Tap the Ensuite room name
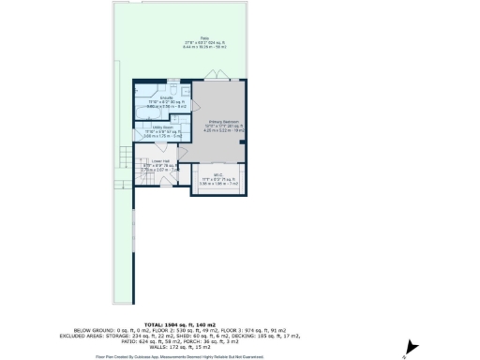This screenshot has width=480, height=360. point(155,97)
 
